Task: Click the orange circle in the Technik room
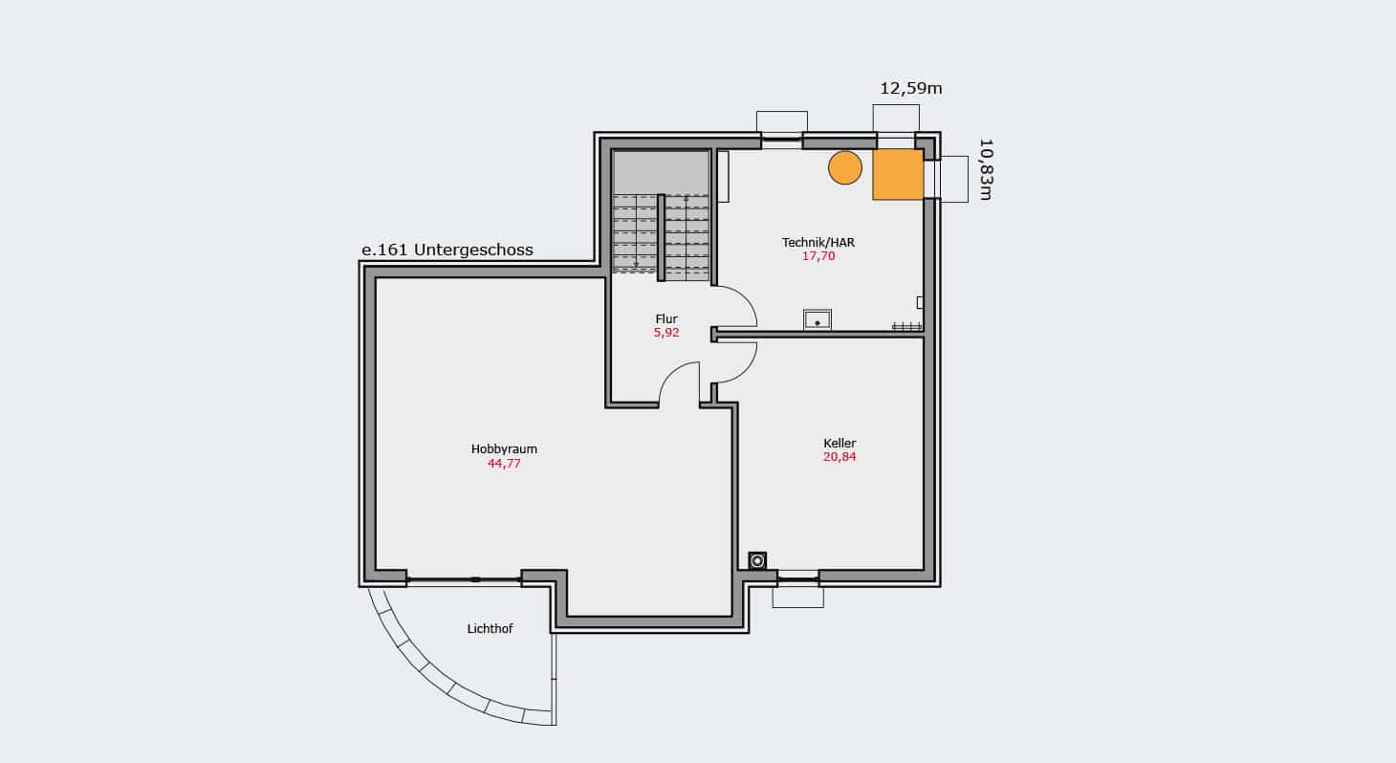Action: (x=845, y=167)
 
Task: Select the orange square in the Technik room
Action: (x=898, y=175)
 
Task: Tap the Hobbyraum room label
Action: (x=504, y=449)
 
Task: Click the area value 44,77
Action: (x=504, y=463)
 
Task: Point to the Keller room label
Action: (x=840, y=444)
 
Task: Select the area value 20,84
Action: (x=840, y=457)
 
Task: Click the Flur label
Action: (x=666, y=319)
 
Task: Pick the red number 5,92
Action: (x=666, y=333)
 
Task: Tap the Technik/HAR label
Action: (x=818, y=243)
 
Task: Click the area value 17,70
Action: (x=818, y=256)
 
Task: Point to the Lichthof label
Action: (x=490, y=629)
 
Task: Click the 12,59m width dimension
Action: (x=910, y=89)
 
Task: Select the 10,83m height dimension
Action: (x=985, y=169)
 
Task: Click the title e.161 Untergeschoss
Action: (x=447, y=250)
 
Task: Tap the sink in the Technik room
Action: (x=817, y=319)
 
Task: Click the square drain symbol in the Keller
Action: (x=757, y=560)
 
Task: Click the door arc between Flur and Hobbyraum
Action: (x=668, y=374)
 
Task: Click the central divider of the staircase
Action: (x=662, y=237)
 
